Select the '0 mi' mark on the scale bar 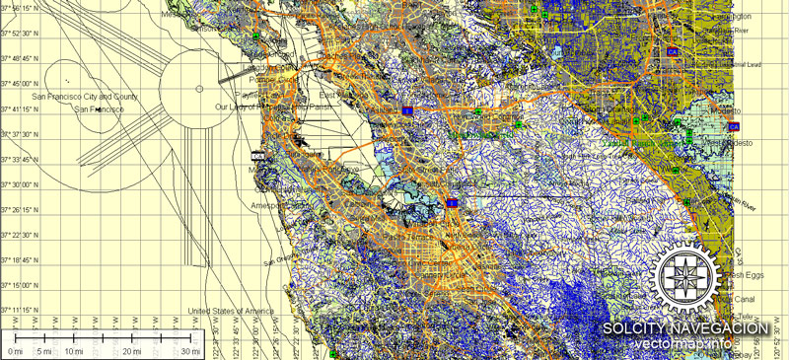tap(16, 351)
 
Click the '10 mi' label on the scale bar tap(73, 351)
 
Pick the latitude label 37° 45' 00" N tap(21, 84)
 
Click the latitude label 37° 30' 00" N tap(21, 184)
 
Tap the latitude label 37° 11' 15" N tap(21, 310)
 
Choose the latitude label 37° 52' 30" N tap(21, 34)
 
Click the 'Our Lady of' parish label tap(238, 106)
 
